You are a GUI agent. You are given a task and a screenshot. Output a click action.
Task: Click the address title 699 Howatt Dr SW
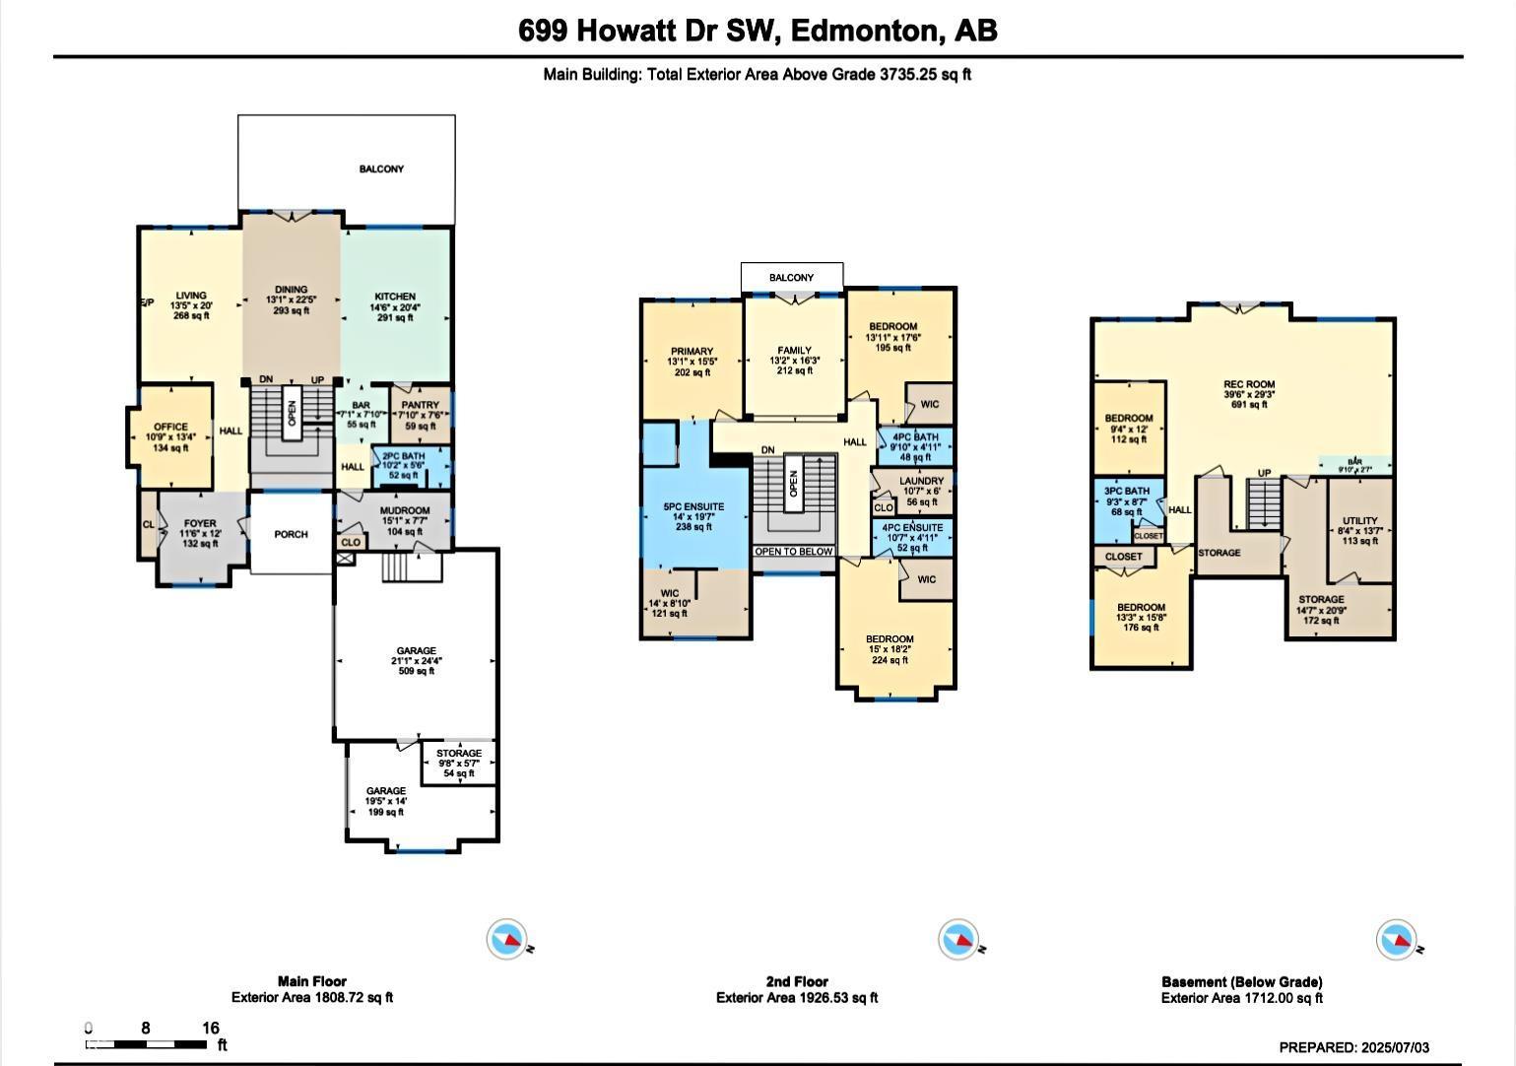[x=757, y=31]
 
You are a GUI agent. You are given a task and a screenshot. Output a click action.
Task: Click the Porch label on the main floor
[x=291, y=534]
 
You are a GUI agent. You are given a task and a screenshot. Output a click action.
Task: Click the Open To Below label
[x=794, y=552]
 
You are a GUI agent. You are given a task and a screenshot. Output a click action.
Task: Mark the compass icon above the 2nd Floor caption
[x=958, y=940]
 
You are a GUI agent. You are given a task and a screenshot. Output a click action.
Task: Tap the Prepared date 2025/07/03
[x=1353, y=1047]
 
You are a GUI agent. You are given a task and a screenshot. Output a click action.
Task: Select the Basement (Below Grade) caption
[x=1241, y=981]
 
